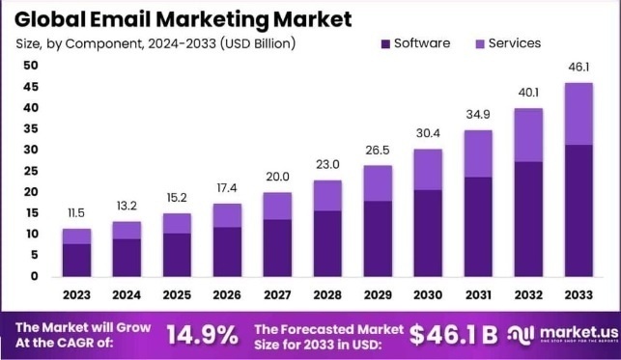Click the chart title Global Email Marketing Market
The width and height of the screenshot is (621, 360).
pyautogui.click(x=183, y=18)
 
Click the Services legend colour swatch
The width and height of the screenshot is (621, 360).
pyautogui.click(x=479, y=43)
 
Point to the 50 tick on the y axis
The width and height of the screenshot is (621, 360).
pyautogui.click(x=31, y=66)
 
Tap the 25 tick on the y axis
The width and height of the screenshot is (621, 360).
pyautogui.click(x=31, y=171)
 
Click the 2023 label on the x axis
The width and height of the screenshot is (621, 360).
pyautogui.click(x=77, y=293)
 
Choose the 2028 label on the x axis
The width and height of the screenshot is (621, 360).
pyautogui.click(x=326, y=293)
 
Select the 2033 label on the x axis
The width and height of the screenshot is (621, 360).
pyautogui.click(x=577, y=293)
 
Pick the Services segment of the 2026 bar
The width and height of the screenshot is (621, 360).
pyautogui.click(x=227, y=214)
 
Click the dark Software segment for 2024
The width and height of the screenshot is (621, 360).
pyautogui.click(x=127, y=257)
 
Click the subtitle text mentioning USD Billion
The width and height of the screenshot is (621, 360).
pyautogui.click(x=155, y=43)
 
